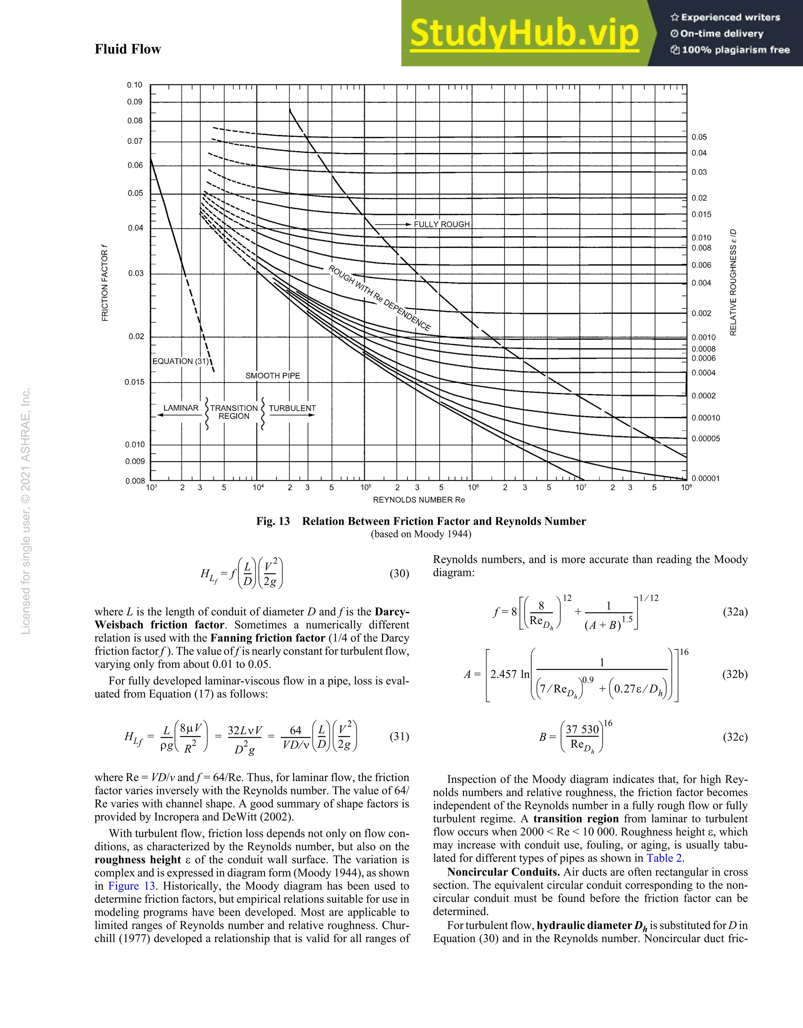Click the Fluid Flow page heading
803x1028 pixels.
click(x=127, y=49)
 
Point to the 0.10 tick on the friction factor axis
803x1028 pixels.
click(x=134, y=85)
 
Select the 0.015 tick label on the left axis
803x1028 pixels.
click(x=134, y=382)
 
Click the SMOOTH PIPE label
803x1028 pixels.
click(x=273, y=375)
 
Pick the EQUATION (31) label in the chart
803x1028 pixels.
click(x=180, y=361)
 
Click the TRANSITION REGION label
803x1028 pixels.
click(x=234, y=412)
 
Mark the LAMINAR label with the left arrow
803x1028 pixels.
click(x=181, y=408)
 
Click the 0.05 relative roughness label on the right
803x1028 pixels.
click(x=699, y=137)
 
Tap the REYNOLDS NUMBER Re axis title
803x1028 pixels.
click(x=419, y=500)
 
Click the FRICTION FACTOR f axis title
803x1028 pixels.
click(x=105, y=283)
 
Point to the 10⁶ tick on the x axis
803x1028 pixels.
click(x=473, y=488)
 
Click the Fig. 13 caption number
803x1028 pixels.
click(x=273, y=521)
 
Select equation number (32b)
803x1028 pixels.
click(x=735, y=674)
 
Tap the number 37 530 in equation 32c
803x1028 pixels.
click(x=582, y=729)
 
